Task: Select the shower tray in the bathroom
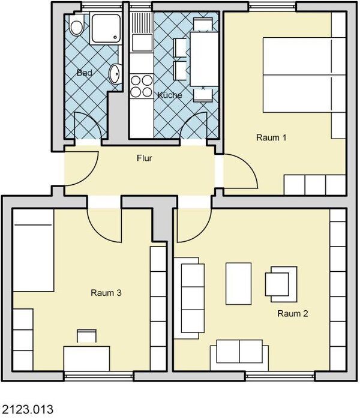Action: click(106, 28)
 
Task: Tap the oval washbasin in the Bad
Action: click(116, 74)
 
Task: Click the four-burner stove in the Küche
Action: click(142, 86)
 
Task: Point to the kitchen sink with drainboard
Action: click(142, 32)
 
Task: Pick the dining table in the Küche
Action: click(204, 59)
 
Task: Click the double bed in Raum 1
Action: click(304, 75)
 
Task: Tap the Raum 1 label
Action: click(271, 137)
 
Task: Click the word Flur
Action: click(145, 158)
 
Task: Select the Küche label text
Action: click(170, 95)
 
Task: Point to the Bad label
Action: click(85, 73)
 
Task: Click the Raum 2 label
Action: click(293, 313)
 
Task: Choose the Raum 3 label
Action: click(106, 293)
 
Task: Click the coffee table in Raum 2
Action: click(238, 284)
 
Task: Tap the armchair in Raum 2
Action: click(281, 284)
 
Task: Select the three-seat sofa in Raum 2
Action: click(190, 298)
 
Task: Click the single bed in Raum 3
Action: click(33, 250)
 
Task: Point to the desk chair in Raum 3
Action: click(86, 336)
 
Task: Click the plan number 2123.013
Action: click(28, 410)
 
